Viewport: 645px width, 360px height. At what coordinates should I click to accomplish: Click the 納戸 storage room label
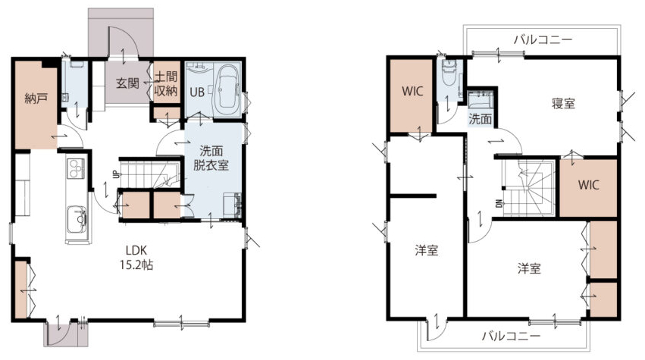pos(36,99)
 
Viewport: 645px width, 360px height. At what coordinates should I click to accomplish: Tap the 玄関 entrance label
pos(127,83)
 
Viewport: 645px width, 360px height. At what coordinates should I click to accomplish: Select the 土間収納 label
pos(166,83)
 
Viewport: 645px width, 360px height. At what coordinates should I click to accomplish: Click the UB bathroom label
pos(197,92)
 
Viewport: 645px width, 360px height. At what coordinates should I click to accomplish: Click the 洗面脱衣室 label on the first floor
pos(211,158)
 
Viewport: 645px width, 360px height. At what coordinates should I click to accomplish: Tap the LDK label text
pos(136,251)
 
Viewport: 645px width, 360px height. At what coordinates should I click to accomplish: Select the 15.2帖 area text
pos(136,265)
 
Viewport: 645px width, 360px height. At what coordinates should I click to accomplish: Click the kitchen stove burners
pos(76,168)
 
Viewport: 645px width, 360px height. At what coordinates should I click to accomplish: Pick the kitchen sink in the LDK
pos(77,219)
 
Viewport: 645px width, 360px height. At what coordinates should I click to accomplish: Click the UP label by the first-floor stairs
pos(117,174)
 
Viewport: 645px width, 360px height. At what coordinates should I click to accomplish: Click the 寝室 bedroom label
pos(563,103)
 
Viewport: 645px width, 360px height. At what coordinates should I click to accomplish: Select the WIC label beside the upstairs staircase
pos(589,185)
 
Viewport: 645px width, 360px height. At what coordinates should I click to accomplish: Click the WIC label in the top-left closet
pos(412,91)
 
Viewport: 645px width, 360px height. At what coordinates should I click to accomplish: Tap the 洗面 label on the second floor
pos(481,119)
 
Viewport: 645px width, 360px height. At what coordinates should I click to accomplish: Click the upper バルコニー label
pos(543,40)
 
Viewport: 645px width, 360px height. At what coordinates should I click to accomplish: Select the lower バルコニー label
pos(512,337)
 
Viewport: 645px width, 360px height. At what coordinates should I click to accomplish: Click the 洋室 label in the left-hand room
pos(426,250)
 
